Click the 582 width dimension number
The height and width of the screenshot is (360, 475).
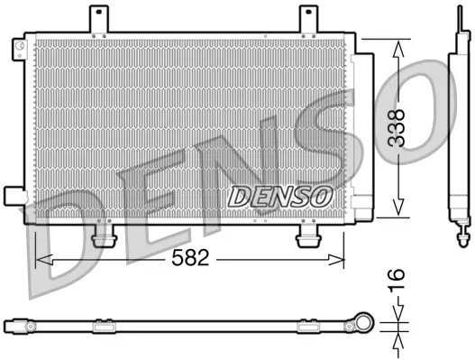190,258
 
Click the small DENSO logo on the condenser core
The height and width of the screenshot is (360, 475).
280,194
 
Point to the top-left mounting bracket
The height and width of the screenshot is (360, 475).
100,19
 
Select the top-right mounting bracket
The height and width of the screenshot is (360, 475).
310,19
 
